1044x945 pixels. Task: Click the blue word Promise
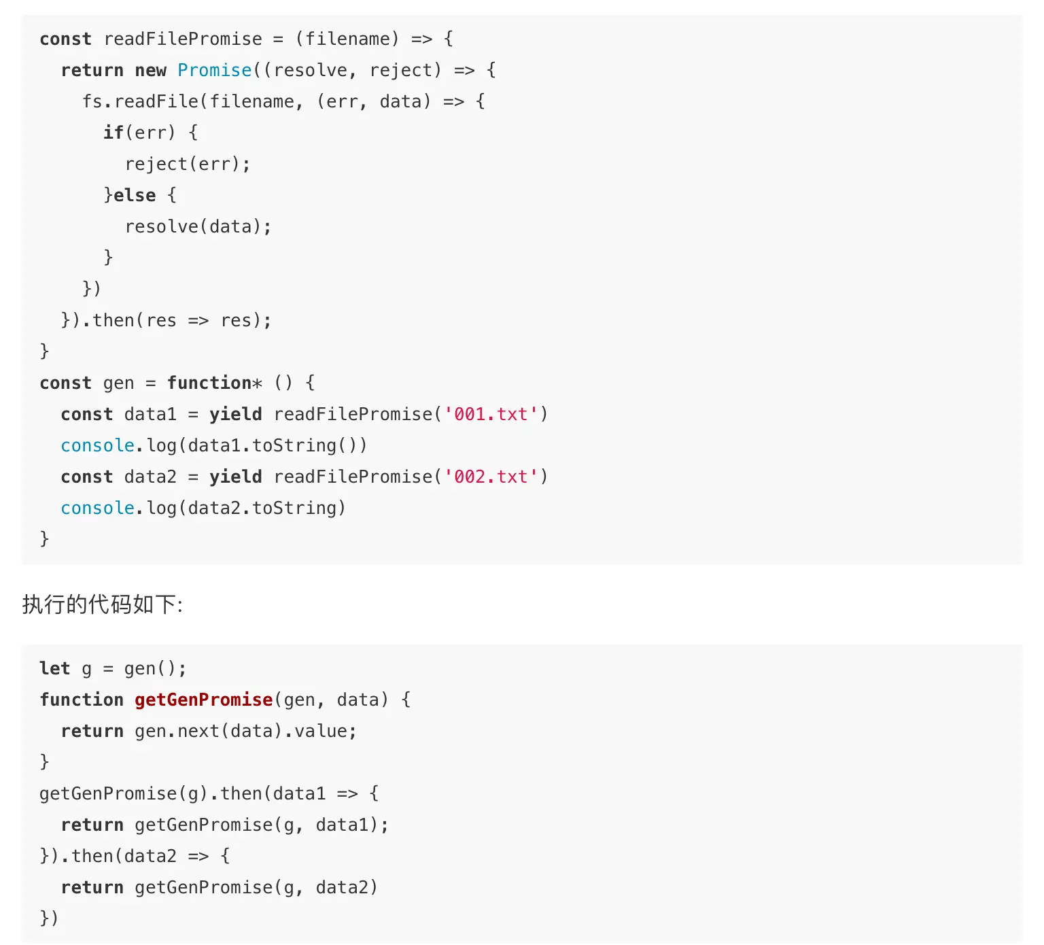(214, 70)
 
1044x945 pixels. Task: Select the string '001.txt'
(491, 414)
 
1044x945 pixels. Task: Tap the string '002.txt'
(491, 477)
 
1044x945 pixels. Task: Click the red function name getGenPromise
(203, 700)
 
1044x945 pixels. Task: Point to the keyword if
(114, 133)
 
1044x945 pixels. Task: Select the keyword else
(135, 195)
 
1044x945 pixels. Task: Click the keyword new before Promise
(150, 70)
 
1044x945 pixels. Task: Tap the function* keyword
(214, 383)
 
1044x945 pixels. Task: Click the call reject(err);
(188, 164)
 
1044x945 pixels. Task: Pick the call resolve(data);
(198, 226)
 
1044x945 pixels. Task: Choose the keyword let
(54, 668)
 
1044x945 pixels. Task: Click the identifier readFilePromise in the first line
(183, 39)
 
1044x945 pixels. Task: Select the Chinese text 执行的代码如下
(102, 604)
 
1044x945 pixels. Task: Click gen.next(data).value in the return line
(245, 731)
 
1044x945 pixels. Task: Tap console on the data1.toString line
(97, 445)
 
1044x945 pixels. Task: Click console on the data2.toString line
(97, 508)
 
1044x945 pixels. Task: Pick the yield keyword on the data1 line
(235, 414)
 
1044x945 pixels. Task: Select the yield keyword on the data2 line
(235, 477)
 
